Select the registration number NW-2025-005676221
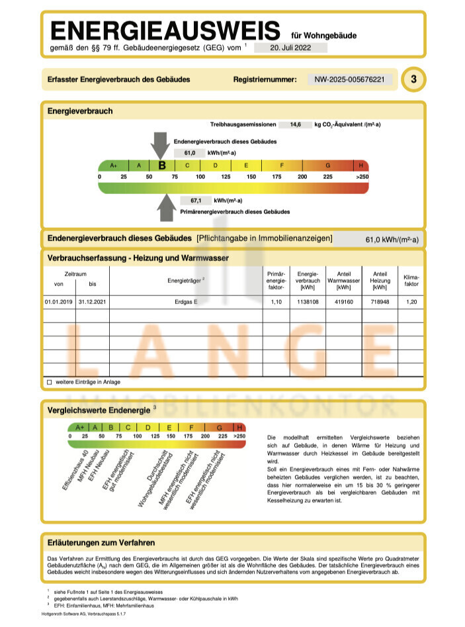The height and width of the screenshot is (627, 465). click(x=349, y=79)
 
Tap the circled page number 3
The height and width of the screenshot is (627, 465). click(x=414, y=79)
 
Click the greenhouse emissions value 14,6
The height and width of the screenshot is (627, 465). click(x=292, y=124)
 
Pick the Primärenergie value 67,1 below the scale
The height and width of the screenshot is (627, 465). click(x=196, y=200)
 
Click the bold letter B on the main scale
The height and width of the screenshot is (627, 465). click(x=162, y=166)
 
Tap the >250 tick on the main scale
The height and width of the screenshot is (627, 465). click(x=361, y=177)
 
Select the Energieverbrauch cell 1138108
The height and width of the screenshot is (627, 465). click(x=308, y=302)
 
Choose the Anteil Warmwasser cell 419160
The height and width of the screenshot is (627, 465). click(x=344, y=302)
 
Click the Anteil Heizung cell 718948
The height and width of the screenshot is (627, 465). click(x=380, y=302)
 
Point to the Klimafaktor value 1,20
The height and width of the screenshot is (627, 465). click(x=411, y=302)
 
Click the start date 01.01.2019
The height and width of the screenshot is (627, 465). click(x=58, y=302)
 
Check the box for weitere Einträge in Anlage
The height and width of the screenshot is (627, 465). click(x=49, y=382)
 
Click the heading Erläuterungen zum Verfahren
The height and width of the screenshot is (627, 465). click(x=101, y=542)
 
